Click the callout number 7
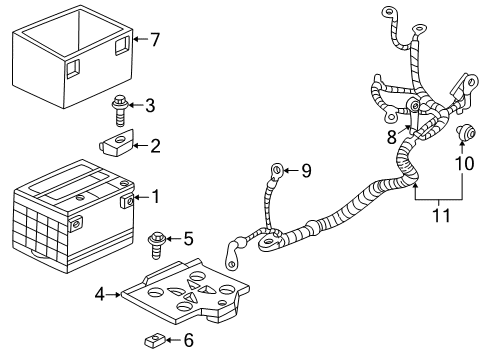point(154,40)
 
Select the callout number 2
point(154,146)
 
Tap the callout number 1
point(154,197)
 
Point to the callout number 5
point(186,239)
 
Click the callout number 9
point(306,171)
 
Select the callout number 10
point(462,163)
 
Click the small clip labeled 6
point(153,340)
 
